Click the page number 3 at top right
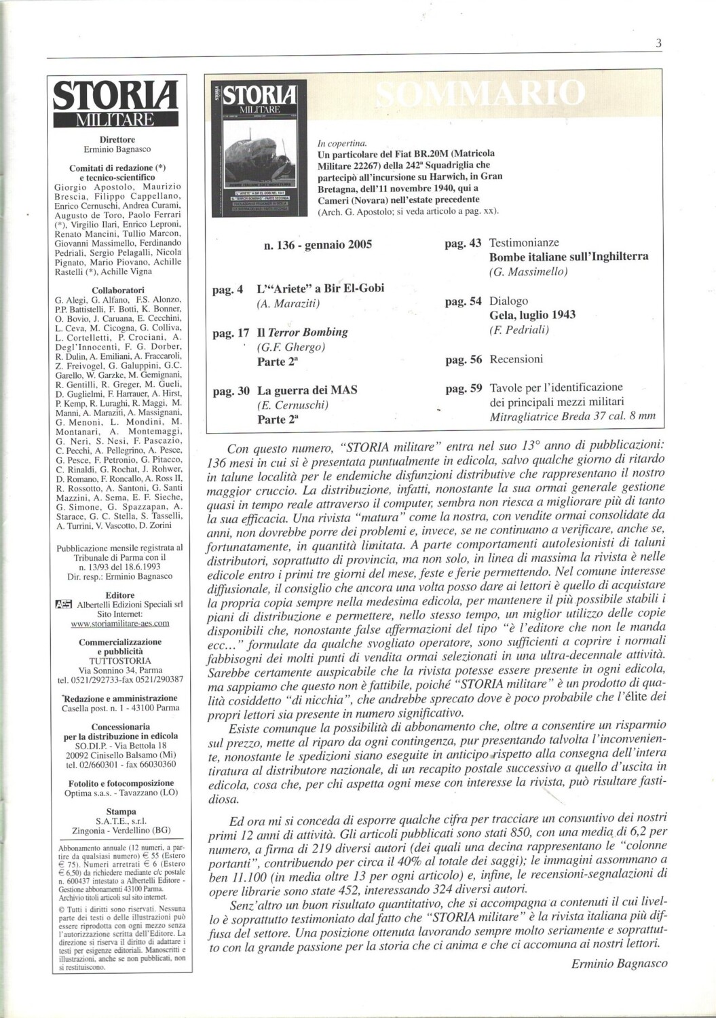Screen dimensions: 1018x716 click(658, 43)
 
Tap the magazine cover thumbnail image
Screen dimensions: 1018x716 click(259, 148)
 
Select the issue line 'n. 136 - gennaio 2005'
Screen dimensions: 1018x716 click(318, 245)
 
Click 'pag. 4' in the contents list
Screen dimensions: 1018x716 click(227, 290)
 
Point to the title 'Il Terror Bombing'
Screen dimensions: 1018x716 click(302, 332)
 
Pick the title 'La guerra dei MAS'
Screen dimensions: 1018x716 click(307, 390)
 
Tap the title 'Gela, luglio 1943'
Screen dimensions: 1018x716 click(532, 315)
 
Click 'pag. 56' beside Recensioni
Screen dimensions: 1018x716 click(464, 360)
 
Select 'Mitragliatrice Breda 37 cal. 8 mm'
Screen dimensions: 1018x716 click(572, 416)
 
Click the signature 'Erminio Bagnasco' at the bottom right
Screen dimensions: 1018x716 click(619, 963)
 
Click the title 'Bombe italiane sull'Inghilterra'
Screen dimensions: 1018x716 click(568, 257)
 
